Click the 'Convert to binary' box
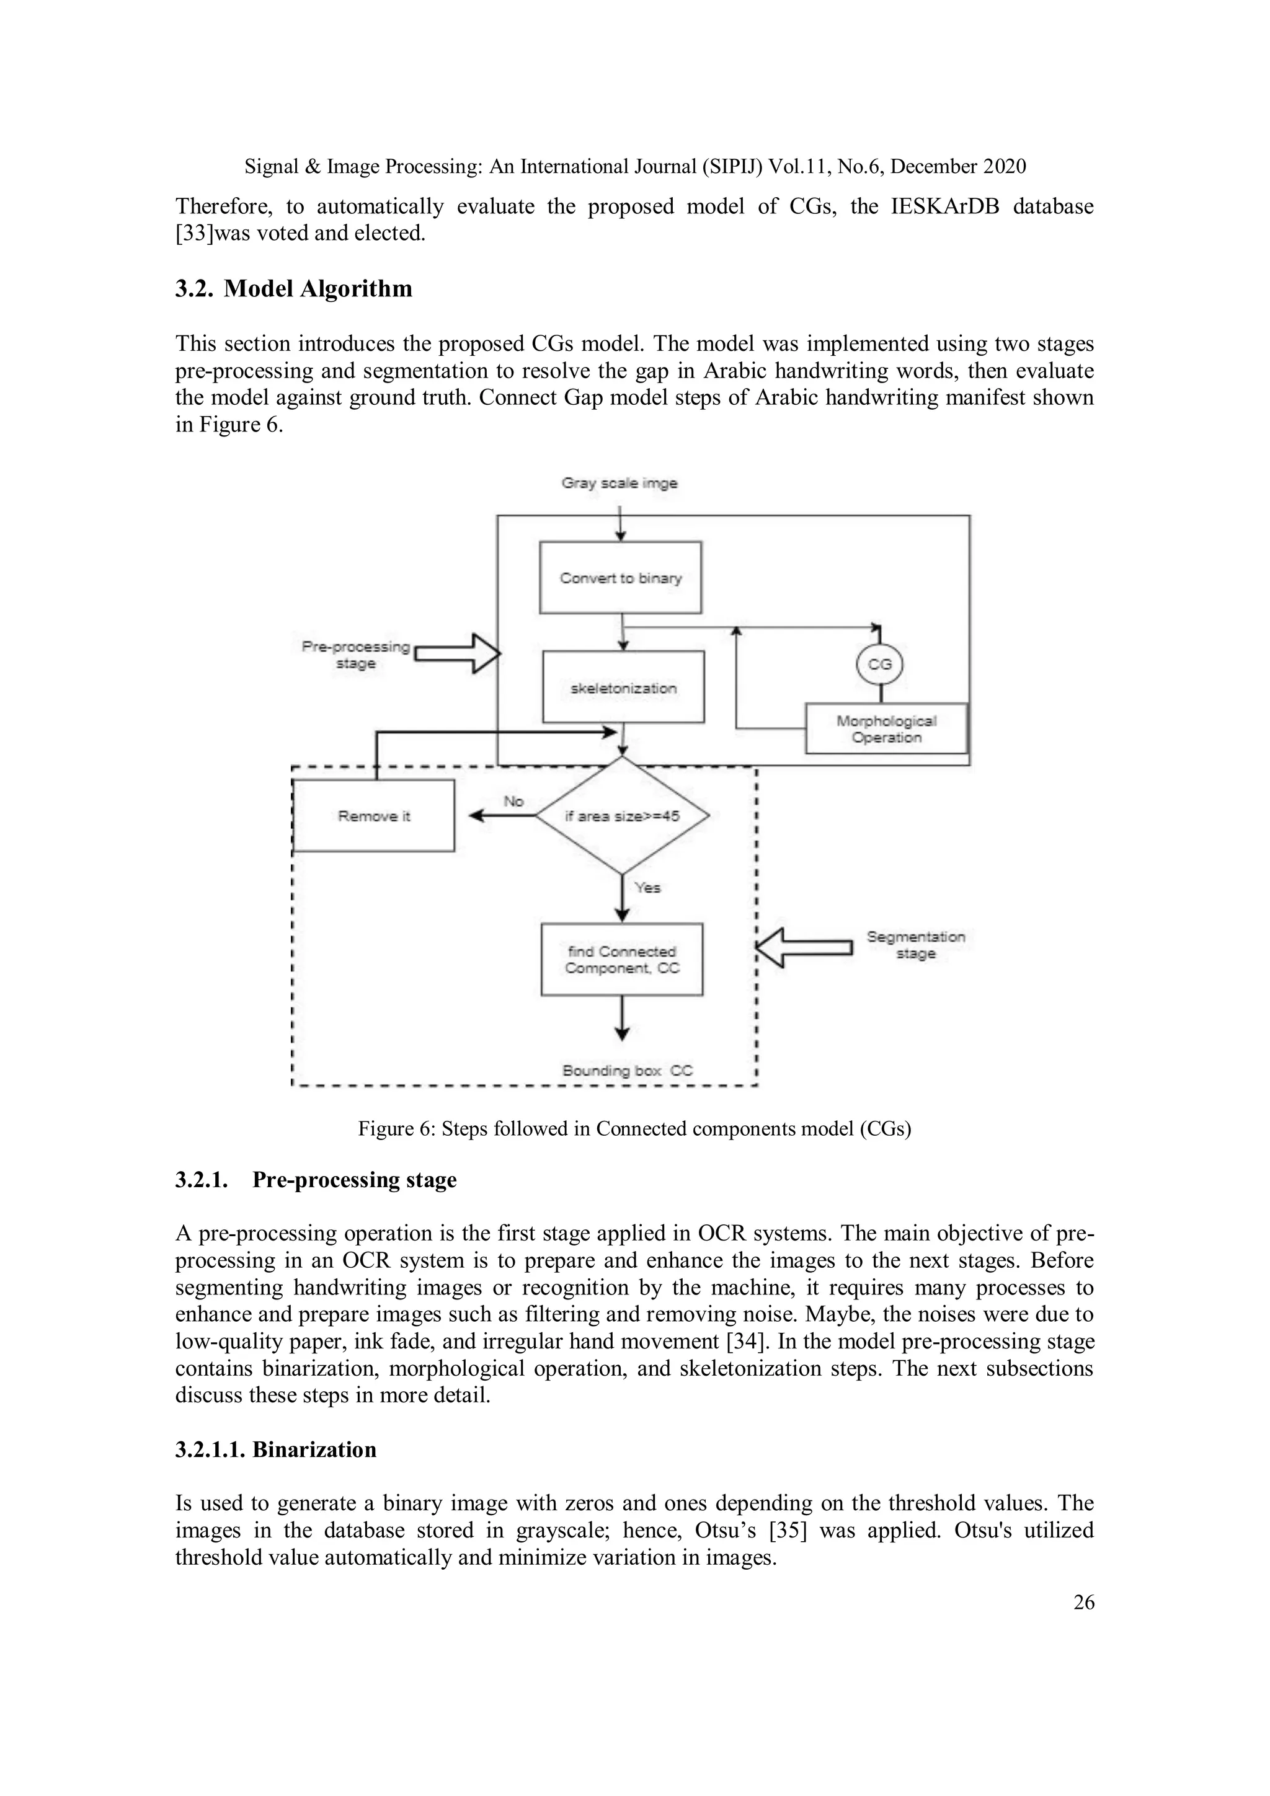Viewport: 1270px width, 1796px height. point(621,577)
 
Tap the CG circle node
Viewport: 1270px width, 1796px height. point(881,664)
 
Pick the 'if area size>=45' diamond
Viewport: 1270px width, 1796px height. point(622,816)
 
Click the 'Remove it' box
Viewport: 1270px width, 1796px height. point(373,816)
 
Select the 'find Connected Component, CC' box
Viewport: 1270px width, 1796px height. point(622,959)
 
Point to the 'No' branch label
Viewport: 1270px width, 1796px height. point(513,801)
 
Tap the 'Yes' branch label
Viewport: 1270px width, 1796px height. point(647,887)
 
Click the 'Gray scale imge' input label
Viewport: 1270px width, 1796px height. point(619,484)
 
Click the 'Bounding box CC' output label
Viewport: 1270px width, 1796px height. point(628,1070)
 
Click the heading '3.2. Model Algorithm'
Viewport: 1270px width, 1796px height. point(293,289)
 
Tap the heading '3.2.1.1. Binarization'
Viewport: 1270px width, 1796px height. point(275,1449)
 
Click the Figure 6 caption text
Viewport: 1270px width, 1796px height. point(634,1129)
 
